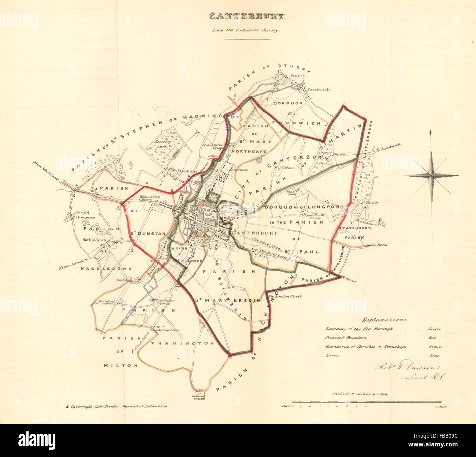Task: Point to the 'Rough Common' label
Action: [x=85, y=214]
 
